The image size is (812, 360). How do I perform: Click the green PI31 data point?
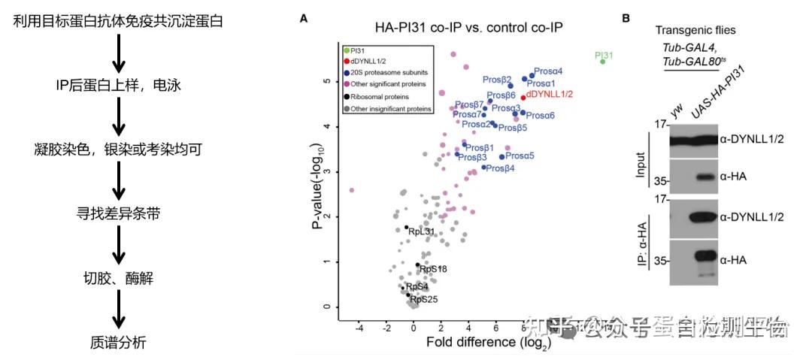pos(602,61)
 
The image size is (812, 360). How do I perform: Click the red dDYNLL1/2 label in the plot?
pos(550,95)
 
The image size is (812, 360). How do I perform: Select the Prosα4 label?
pos(547,71)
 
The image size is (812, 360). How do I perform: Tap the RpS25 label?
pos(423,299)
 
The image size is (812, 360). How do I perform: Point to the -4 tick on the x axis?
pos(359,328)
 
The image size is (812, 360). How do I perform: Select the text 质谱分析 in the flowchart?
pos(117,343)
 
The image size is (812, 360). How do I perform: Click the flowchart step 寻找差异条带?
pos(117,213)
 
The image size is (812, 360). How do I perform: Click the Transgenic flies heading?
pos(695,30)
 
